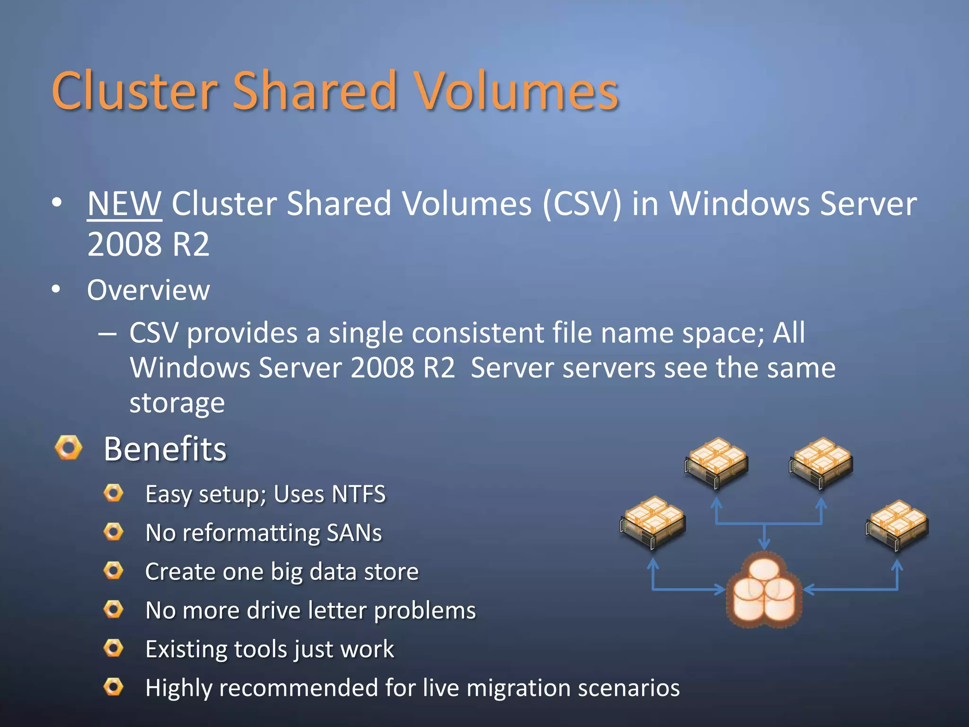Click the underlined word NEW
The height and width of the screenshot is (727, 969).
[124, 204]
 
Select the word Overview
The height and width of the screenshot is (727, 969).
[148, 290]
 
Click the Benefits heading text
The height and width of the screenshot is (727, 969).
[165, 449]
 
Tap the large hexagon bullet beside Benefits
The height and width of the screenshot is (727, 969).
[69, 447]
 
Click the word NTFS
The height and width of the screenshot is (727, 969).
[359, 494]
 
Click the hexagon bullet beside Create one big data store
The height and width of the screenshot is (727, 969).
[114, 570]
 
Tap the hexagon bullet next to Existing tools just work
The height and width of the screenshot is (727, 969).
[114, 648]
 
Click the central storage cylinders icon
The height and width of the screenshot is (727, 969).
[764, 592]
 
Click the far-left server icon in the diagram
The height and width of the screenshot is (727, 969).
[652, 522]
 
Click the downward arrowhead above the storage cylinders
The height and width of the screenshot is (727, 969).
[764, 544]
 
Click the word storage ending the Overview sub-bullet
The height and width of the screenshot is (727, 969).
[177, 403]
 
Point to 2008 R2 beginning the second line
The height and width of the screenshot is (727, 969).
[148, 244]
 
